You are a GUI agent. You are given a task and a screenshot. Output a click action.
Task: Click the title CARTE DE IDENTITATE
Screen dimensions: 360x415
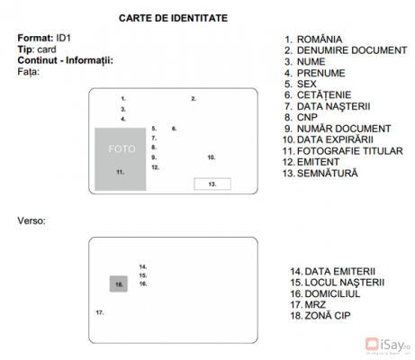pyautogui.click(x=173, y=18)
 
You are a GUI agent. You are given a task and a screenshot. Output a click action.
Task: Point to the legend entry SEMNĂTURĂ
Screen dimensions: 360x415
pyautogui.click(x=326, y=172)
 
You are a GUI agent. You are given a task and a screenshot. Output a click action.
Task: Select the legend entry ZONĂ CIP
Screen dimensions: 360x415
pyautogui.click(x=320, y=316)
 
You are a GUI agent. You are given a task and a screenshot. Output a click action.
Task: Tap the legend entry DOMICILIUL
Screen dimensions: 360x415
pyautogui.click(x=326, y=293)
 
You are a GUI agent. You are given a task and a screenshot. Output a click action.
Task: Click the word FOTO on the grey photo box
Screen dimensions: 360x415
pyautogui.click(x=121, y=148)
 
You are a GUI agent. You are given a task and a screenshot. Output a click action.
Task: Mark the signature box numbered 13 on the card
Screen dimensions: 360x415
pyautogui.click(x=212, y=184)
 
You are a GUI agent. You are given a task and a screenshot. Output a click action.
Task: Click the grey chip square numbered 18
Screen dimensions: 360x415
pyautogui.click(x=119, y=283)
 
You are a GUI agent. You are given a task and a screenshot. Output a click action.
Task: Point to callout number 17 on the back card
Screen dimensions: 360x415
pyautogui.click(x=100, y=312)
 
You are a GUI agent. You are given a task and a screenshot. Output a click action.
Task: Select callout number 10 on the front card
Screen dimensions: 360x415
pyautogui.click(x=211, y=157)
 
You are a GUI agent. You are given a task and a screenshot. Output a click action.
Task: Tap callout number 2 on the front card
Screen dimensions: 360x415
pyautogui.click(x=193, y=98)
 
